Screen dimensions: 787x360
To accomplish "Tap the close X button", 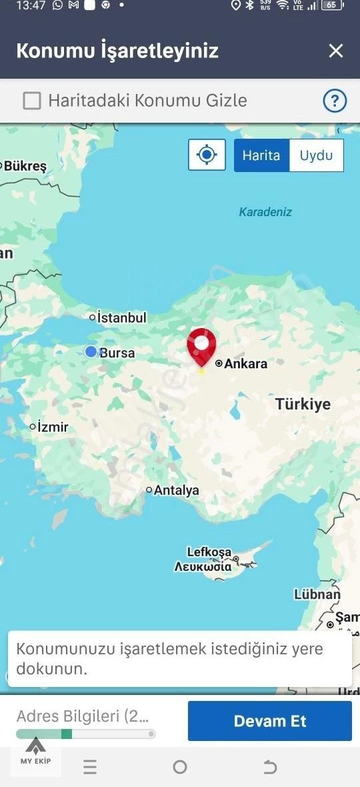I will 336,51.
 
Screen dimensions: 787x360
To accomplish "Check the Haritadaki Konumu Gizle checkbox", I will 32,101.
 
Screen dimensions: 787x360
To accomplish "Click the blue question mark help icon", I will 335,101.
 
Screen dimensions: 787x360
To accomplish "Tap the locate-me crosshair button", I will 207,155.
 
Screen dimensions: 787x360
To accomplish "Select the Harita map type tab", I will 261,155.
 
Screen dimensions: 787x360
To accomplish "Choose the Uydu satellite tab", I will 316,155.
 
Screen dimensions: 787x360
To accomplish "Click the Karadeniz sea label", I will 265,212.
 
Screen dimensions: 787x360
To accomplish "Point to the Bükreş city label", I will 25,166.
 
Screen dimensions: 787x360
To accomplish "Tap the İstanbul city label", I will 121,318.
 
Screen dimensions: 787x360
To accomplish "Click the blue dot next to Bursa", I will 91,351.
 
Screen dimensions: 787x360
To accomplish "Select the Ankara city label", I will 245,363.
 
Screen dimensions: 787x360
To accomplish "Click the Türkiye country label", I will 303,404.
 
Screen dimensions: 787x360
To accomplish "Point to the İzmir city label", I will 53,427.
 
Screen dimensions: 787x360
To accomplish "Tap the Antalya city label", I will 176,490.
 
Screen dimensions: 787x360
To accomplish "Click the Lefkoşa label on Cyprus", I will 209,552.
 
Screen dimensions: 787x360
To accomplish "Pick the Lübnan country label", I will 317,594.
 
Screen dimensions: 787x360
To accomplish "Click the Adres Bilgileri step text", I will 83,716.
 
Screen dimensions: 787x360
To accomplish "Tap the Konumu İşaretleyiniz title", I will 117,51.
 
